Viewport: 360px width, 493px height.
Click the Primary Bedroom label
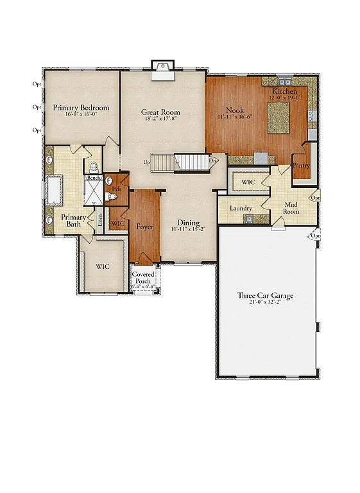tap(81, 108)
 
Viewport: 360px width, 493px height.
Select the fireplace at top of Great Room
tap(160, 69)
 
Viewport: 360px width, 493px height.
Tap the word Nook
tap(234, 110)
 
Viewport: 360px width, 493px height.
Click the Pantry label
tap(300, 165)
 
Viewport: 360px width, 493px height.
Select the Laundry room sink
tap(248, 219)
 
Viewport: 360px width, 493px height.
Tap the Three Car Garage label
tap(265, 295)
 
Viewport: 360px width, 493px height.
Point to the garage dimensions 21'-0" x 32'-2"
tap(265, 302)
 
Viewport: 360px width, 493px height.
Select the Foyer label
tap(144, 227)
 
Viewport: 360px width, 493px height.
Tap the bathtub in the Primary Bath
tap(51, 190)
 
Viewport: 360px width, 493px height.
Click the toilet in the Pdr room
tap(111, 196)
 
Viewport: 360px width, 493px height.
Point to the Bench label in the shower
tap(94, 178)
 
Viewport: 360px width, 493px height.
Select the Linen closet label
tap(101, 220)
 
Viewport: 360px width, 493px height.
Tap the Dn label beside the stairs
tap(212, 160)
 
